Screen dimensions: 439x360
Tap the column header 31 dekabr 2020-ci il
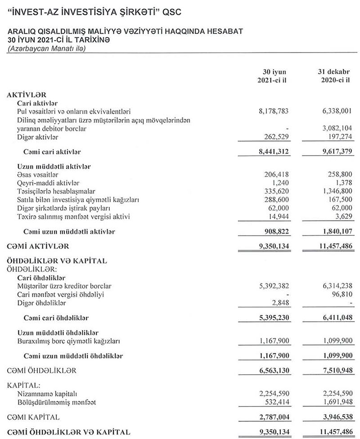pyautogui.click(x=333, y=76)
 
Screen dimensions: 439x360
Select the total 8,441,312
pyautogui.click(x=271, y=152)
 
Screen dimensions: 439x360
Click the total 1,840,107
pyautogui.click(x=334, y=232)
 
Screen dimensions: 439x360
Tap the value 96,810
pyautogui.click(x=339, y=294)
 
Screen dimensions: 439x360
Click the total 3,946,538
pyautogui.click(x=334, y=417)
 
